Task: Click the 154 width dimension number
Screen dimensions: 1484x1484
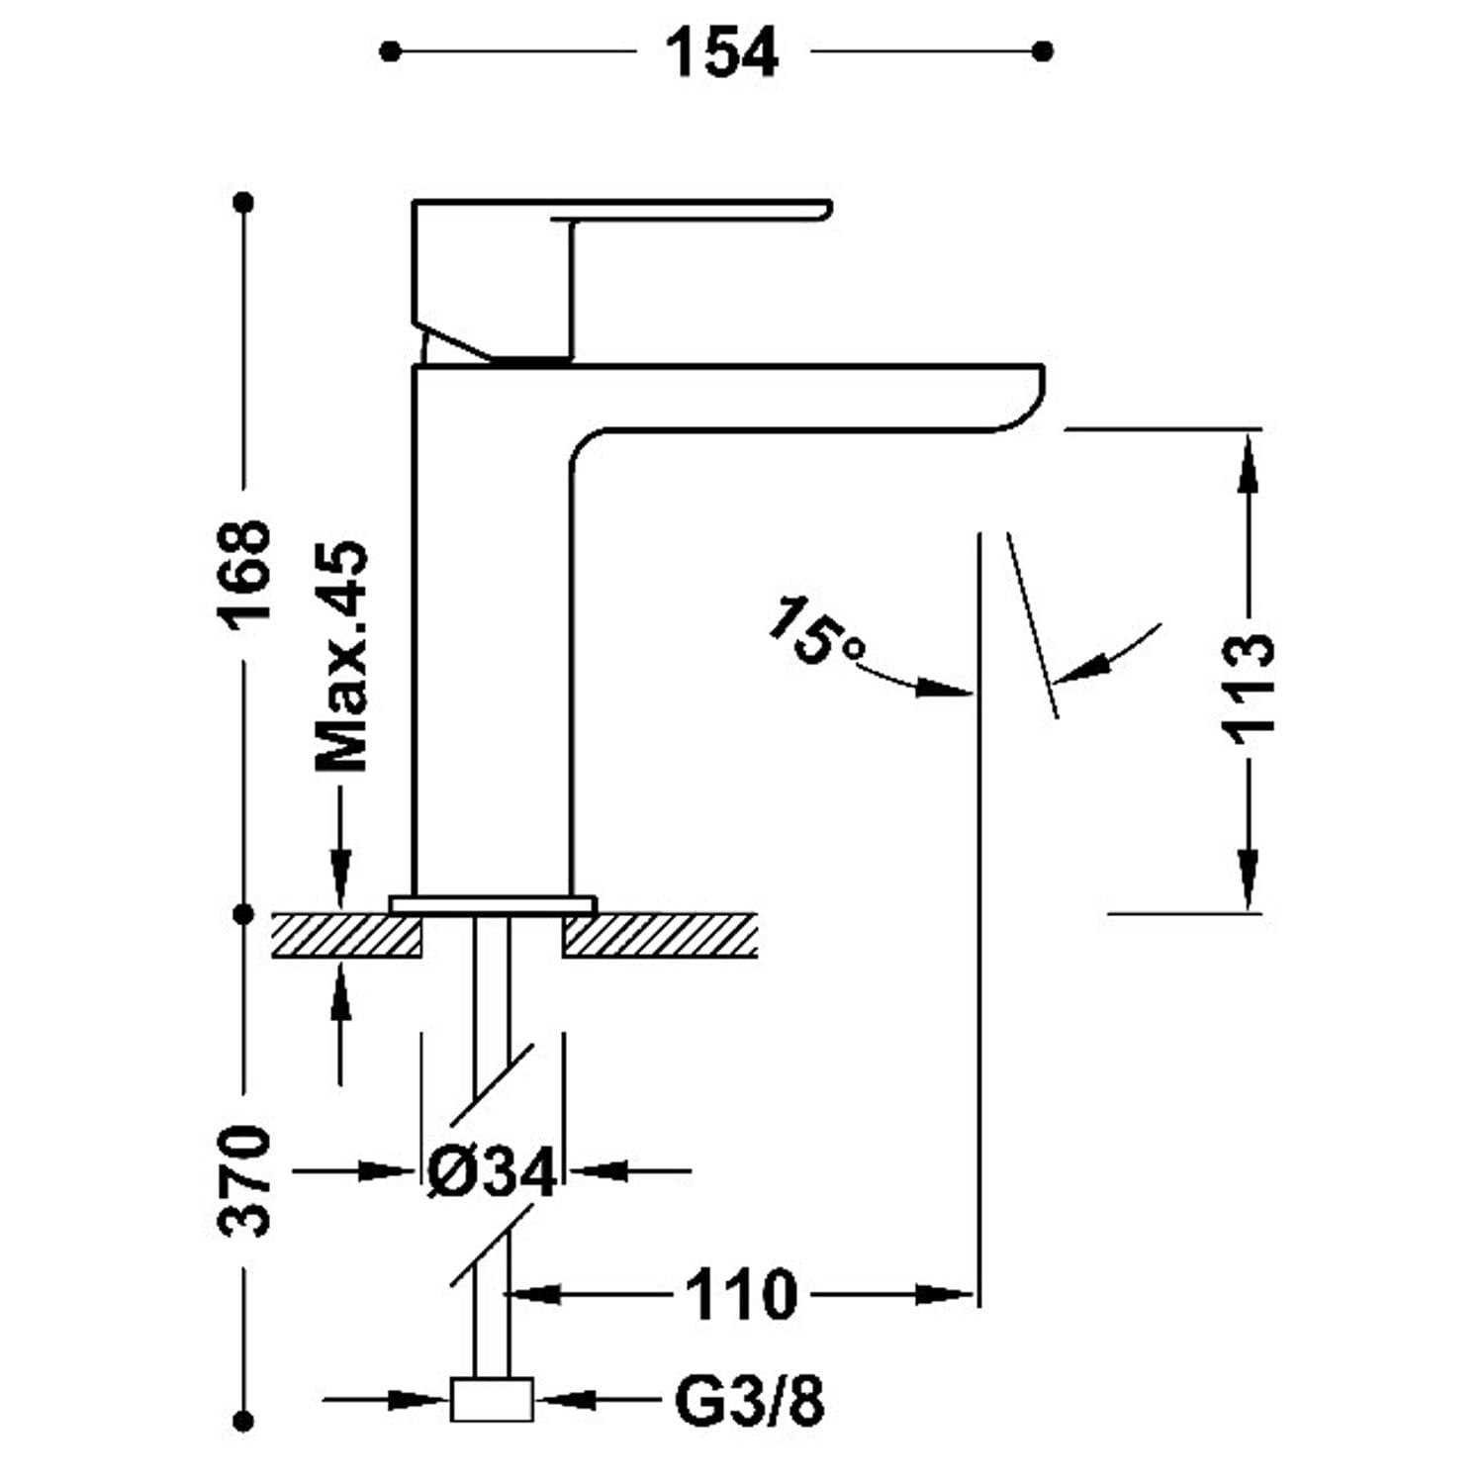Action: pyautogui.click(x=721, y=52)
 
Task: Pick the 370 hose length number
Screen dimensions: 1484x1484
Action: pyautogui.click(x=244, y=1179)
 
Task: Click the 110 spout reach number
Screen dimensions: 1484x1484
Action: pyautogui.click(x=740, y=1294)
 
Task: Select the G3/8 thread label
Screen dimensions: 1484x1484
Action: pyautogui.click(x=749, y=1400)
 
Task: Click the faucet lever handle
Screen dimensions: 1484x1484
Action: pyautogui.click(x=613, y=212)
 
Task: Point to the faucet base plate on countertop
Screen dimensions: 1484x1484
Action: pyautogui.click(x=493, y=904)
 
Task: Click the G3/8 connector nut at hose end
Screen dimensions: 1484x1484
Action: pyautogui.click(x=492, y=1399)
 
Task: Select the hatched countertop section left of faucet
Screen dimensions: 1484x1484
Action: pyautogui.click(x=346, y=935)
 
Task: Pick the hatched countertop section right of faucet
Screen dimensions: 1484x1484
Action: pyautogui.click(x=660, y=935)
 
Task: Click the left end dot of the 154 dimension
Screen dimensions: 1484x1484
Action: pyautogui.click(x=391, y=51)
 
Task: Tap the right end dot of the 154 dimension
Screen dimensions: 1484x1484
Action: pyautogui.click(x=1042, y=51)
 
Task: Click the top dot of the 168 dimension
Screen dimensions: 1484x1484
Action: pyautogui.click(x=244, y=203)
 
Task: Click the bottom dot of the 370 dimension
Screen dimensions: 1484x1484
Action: pyautogui.click(x=243, y=1422)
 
